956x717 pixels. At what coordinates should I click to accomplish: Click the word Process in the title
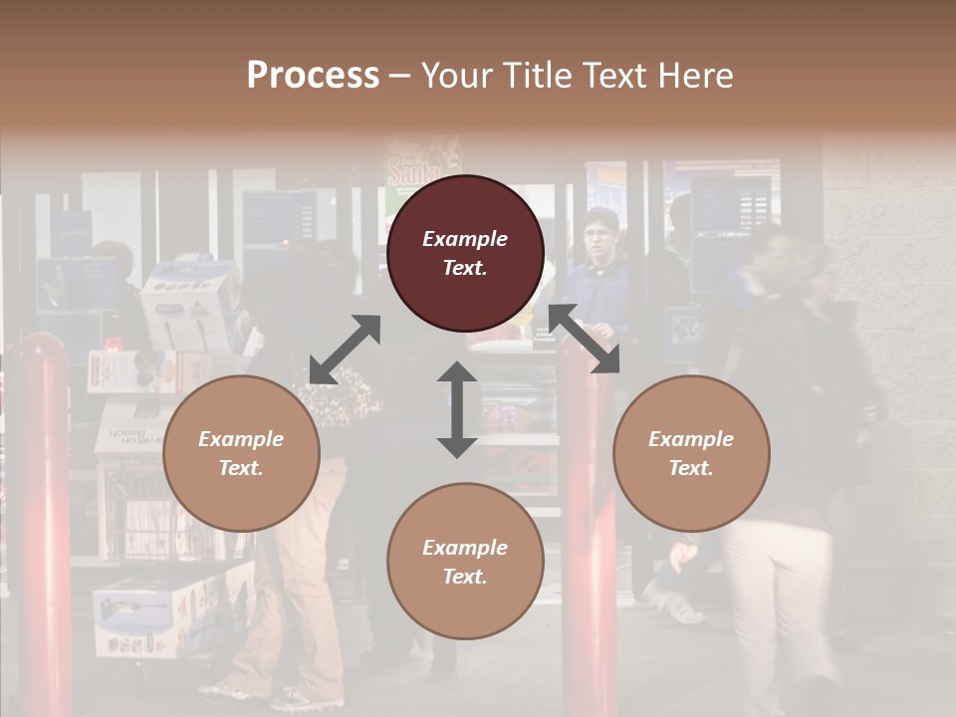coord(313,76)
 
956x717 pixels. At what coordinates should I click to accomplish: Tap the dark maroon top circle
coord(465,253)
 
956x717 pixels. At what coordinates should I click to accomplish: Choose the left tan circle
coord(241,453)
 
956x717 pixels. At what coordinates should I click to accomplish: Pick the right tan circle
coord(690,453)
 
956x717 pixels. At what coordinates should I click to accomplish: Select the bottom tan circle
coord(465,561)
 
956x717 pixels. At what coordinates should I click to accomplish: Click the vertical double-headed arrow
coord(457,409)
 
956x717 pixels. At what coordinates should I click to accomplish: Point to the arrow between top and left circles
coord(345,349)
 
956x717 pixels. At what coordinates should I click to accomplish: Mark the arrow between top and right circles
coord(584,339)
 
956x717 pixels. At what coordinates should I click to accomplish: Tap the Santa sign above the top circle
coord(422,162)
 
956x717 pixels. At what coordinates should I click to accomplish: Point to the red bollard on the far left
coord(42,518)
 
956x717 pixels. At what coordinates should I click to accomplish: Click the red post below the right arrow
coord(589,538)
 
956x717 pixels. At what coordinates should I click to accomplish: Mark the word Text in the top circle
coord(465,268)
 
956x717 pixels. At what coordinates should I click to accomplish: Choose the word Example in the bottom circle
coord(465,547)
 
